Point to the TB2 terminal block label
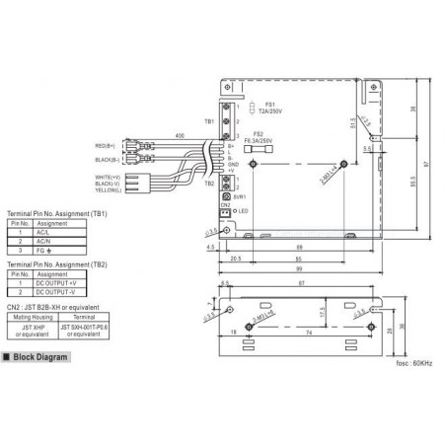(x=208, y=183)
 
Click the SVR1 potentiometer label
(x=240, y=197)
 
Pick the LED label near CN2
(x=242, y=212)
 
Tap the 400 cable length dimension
(x=179, y=134)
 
